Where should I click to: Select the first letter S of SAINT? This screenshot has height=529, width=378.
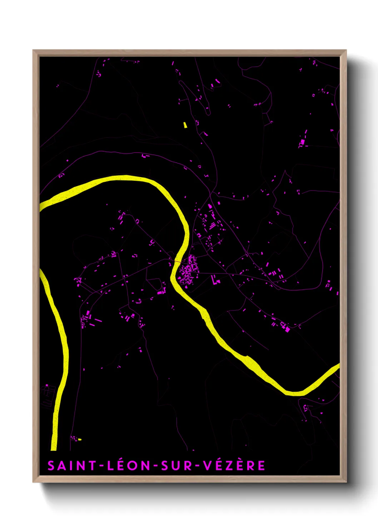pyautogui.click(x=51, y=465)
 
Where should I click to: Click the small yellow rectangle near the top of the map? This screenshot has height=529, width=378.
pyautogui.click(x=185, y=125)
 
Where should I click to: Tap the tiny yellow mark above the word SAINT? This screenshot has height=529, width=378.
pyautogui.click(x=80, y=439)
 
